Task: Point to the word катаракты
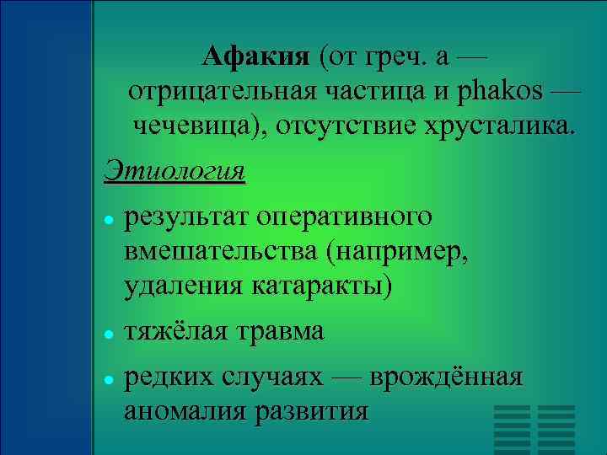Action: point(321,286)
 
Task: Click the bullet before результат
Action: point(110,219)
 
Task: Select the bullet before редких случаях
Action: point(110,379)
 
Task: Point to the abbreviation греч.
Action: point(397,57)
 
